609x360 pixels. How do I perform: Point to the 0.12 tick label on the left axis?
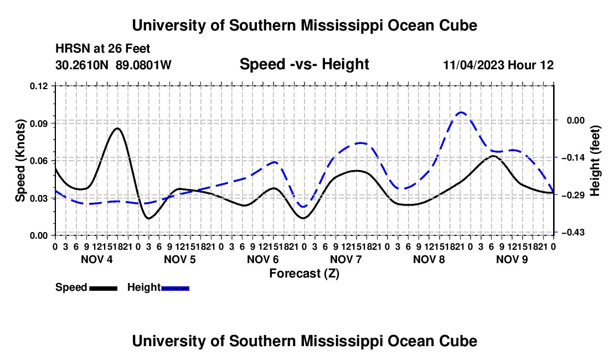[39, 86]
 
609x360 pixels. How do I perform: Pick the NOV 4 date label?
[97, 259]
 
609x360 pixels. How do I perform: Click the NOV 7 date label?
[346, 259]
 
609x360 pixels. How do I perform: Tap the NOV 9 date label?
[512, 259]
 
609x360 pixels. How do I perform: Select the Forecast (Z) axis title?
[304, 274]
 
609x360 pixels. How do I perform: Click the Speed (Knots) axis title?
[20, 161]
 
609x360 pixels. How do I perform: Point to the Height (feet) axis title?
[595, 161]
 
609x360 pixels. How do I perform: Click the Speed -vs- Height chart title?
[304, 64]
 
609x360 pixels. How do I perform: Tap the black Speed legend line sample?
[104, 288]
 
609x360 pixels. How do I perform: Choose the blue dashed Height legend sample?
[175, 288]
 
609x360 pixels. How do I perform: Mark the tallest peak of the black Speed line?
[117, 128]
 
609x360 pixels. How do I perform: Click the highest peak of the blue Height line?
[461, 112]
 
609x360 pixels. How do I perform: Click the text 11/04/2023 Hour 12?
[498, 65]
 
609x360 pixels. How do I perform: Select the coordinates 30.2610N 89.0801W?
[113, 65]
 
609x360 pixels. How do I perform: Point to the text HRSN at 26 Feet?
[102, 49]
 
